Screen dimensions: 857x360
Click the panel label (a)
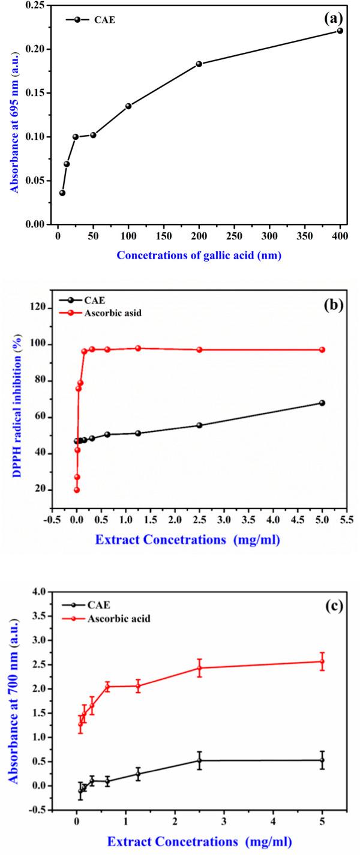pos(334,19)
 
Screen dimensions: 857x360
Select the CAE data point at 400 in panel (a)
pos(340,31)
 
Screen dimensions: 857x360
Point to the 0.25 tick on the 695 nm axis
pos(40,5)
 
